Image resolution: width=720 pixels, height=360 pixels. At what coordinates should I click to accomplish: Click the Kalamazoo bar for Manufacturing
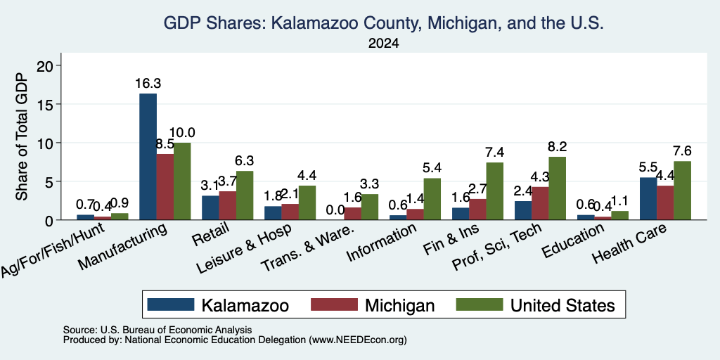pos(148,157)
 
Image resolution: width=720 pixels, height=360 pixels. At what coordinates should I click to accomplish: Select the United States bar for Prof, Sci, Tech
pos(557,188)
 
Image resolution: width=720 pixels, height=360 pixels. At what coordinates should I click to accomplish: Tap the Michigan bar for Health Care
pos(665,203)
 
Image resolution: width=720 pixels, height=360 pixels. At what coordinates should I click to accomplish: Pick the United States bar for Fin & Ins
pos(494,191)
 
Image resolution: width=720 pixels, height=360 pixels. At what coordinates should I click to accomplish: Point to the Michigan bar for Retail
pos(228,206)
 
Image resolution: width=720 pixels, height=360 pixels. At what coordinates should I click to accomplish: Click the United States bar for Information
pos(432,199)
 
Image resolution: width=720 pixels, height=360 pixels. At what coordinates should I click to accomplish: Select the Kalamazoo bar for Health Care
pos(648,198)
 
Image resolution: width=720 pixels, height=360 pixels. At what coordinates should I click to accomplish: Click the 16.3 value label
pos(148,84)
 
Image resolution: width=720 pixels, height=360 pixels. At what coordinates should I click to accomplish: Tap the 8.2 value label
pos(558,146)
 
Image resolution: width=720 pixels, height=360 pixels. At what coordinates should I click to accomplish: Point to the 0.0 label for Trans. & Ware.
pos(335,210)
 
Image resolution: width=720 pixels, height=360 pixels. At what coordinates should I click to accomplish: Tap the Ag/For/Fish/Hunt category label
pos(52,251)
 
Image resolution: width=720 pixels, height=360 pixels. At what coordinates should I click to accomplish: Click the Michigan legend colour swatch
pos(334,304)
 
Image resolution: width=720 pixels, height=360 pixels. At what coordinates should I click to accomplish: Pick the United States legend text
pos(562,305)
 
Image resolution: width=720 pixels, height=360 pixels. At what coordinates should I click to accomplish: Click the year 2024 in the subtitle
pos(383,44)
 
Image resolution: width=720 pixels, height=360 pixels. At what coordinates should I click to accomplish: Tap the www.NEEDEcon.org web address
pos(358,340)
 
